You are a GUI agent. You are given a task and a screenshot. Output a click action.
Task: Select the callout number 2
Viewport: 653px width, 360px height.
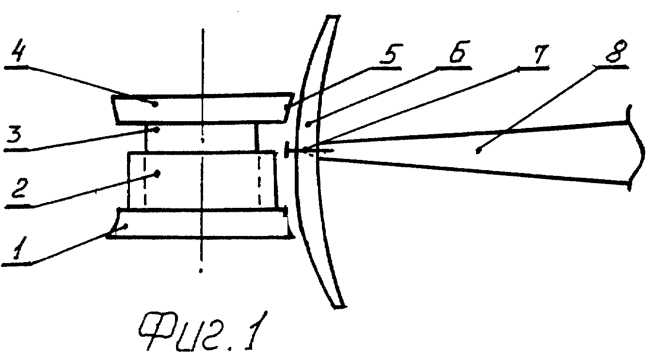19,188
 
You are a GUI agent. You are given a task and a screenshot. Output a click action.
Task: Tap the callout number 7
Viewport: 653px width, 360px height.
539,54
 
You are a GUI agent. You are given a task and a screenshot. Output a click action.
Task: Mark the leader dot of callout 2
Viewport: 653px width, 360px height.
158,174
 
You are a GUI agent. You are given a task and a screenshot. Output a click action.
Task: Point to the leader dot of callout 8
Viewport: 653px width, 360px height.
477,151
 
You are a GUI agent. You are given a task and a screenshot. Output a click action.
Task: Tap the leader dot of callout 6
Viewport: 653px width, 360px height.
307,125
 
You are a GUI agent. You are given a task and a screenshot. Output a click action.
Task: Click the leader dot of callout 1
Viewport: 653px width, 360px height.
126,225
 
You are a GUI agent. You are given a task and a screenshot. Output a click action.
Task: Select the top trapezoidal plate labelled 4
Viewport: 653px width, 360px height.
203,109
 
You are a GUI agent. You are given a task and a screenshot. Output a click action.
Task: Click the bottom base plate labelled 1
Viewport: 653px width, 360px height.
201,223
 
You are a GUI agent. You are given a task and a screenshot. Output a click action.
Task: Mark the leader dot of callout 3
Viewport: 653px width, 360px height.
157,130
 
